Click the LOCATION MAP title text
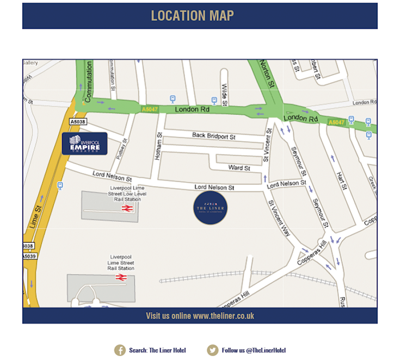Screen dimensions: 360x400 pos(192,16)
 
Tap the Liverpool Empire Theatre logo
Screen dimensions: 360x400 pos(84,143)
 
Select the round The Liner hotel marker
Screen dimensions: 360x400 pos(210,208)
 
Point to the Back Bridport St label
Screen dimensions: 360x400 pos(213,135)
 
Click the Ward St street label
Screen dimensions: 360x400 pos(239,167)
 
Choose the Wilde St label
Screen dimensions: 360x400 pos(224,94)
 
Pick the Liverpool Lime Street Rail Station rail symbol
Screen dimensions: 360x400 pos(121,277)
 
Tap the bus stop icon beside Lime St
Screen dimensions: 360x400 pos(60,185)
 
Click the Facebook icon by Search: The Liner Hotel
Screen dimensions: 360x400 pos(120,350)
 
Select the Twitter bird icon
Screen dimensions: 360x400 pos(213,350)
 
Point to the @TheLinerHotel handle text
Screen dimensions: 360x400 pos(266,350)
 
